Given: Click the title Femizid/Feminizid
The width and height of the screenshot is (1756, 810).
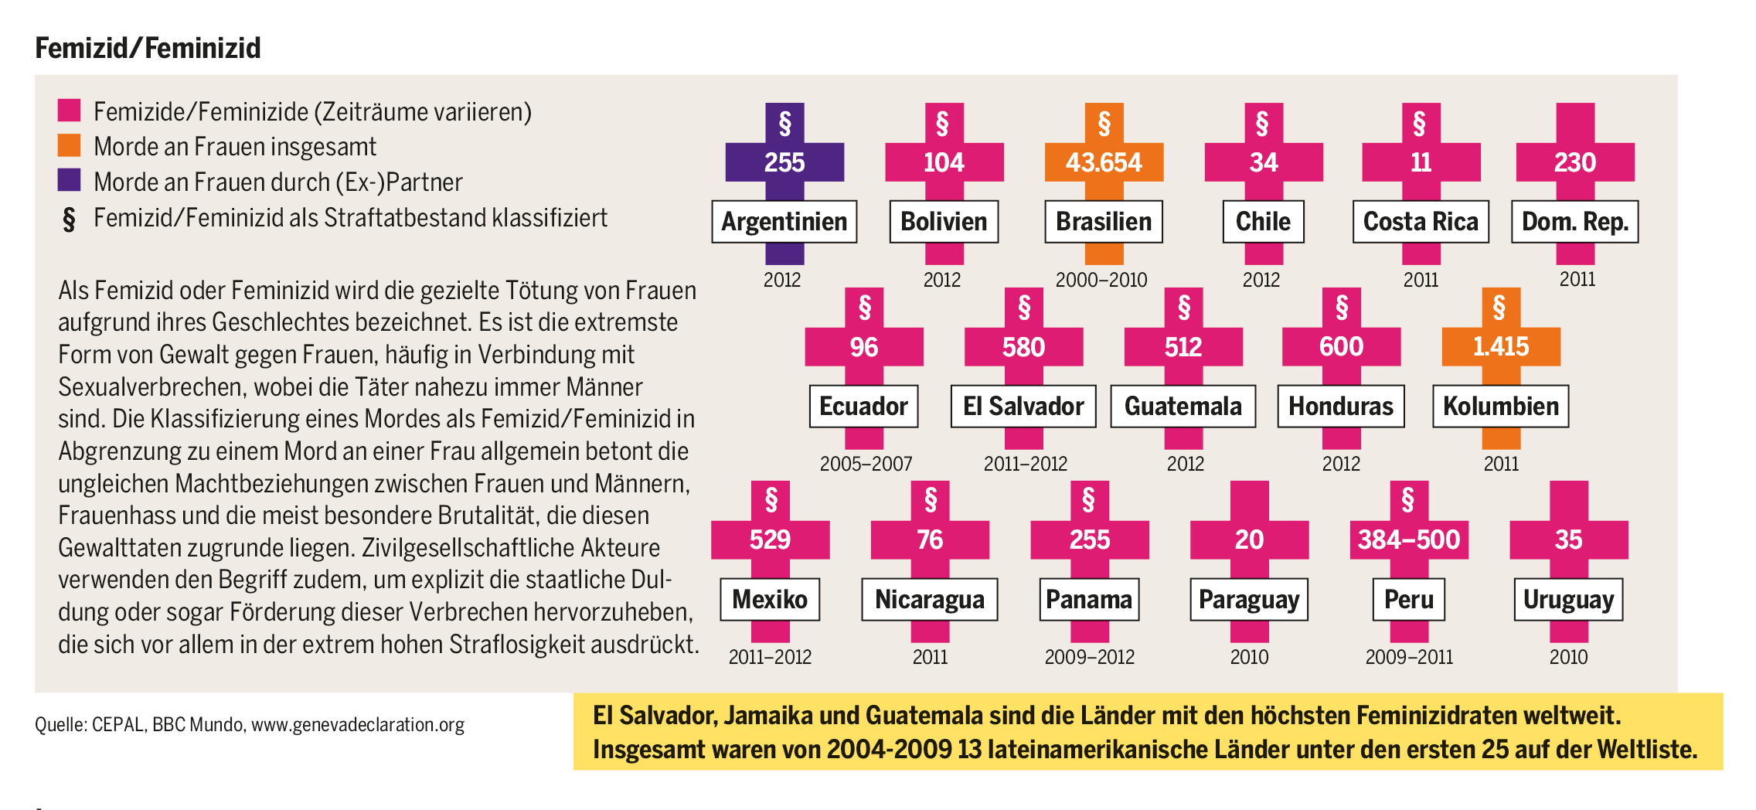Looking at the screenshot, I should click(x=148, y=48).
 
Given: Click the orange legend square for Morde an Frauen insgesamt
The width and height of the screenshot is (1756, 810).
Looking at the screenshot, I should click(x=69, y=145).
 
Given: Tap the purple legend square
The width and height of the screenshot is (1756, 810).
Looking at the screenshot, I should click(x=69, y=180).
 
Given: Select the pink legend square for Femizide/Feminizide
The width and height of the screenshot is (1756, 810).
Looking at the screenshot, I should click(x=69, y=110).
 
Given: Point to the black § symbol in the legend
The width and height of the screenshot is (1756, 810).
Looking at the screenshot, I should click(x=69, y=220).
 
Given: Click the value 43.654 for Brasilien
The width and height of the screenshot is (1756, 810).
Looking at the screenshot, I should click(x=1103, y=162).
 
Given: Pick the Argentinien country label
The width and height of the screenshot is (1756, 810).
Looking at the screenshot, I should click(x=784, y=222).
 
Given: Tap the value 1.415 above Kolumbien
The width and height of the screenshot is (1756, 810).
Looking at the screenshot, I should click(x=1500, y=346).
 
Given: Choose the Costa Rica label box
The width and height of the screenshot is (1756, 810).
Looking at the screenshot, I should click(x=1421, y=222).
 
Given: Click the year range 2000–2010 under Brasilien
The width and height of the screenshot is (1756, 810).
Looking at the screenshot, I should click(x=1101, y=280).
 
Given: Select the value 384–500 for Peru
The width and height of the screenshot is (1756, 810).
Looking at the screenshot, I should click(x=1408, y=539).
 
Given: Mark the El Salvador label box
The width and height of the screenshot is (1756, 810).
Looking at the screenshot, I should click(x=1023, y=407).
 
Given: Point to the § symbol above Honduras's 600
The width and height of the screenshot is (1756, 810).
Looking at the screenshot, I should click(x=1342, y=308).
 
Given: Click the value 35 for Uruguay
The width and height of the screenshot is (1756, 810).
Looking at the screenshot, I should click(x=1568, y=539).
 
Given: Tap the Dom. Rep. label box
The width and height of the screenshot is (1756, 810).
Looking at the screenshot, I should click(x=1574, y=222).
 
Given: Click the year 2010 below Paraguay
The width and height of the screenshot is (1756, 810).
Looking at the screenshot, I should click(x=1249, y=657).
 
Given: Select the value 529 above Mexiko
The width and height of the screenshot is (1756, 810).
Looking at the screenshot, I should click(x=770, y=539).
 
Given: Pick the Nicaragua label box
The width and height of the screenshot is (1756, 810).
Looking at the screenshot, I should click(x=929, y=600).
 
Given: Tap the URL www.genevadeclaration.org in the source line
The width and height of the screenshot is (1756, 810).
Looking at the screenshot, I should click(x=358, y=725).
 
